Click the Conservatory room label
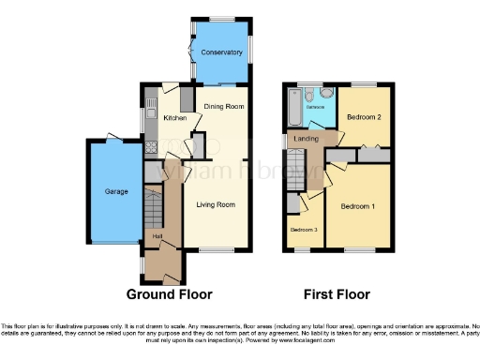point(220,52)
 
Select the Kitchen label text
point(175,119)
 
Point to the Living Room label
point(215,204)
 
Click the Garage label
point(103,191)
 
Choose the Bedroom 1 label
point(357,205)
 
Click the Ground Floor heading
point(169,293)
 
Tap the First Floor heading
point(338,293)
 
